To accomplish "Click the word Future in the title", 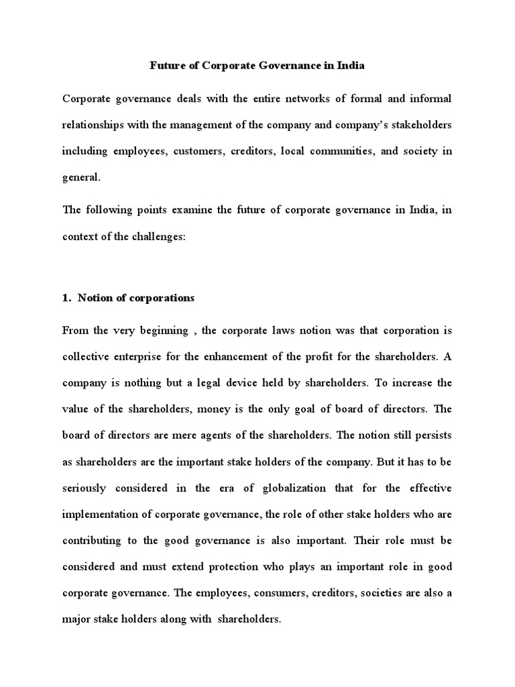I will [166, 66].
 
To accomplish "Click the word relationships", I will [95, 125].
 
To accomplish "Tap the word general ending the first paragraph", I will [81, 177].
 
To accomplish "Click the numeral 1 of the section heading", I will [65, 298].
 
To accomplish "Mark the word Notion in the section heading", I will [94, 298].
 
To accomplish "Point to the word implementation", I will [102, 514].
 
